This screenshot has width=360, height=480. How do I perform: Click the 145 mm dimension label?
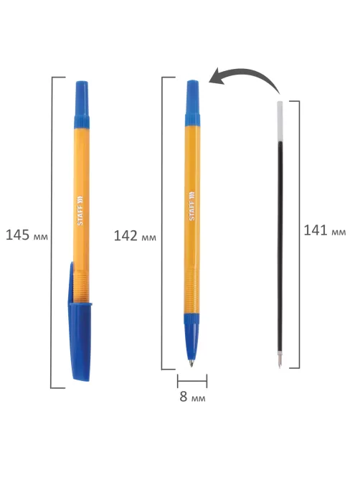(x=27, y=235)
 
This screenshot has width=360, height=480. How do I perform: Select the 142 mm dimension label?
(x=135, y=236)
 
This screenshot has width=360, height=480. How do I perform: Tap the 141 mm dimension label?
(x=325, y=230)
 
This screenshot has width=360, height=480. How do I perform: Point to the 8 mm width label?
(x=192, y=397)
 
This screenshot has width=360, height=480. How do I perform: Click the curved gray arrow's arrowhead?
(x=218, y=77)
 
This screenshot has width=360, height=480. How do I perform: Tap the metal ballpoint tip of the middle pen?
(x=191, y=363)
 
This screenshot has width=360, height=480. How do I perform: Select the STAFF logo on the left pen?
(x=80, y=210)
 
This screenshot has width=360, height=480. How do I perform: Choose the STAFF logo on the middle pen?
(x=191, y=206)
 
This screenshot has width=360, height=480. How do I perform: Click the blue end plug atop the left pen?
(x=82, y=105)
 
